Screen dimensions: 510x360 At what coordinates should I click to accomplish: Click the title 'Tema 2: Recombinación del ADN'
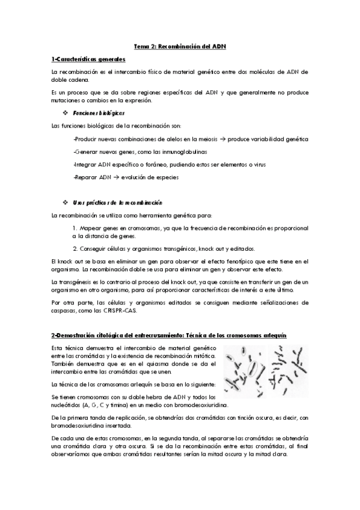180,46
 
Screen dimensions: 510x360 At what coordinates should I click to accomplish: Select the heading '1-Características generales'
88,60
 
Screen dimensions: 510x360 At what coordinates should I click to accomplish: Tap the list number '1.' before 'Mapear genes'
75,228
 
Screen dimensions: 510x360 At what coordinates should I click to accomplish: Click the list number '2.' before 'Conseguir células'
75,248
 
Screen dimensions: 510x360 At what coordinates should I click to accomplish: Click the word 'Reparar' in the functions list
85,177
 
